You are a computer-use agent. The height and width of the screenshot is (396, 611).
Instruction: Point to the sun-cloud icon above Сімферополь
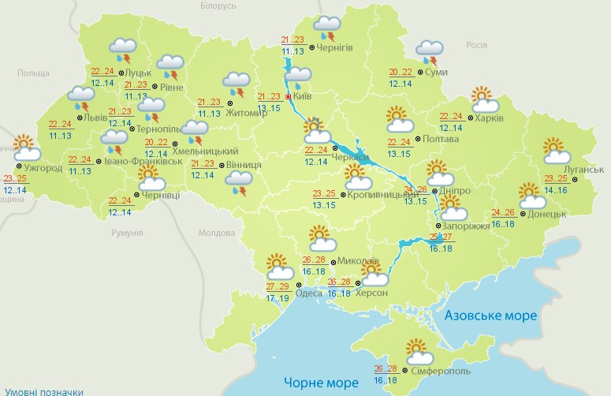(x=418, y=350)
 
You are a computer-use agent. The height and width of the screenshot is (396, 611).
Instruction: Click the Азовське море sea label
(x=491, y=316)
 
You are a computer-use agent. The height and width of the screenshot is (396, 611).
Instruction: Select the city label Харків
(x=489, y=118)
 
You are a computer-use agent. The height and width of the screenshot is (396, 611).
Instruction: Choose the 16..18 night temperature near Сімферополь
(x=386, y=381)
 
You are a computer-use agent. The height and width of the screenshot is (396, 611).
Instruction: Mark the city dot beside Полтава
(x=417, y=139)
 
